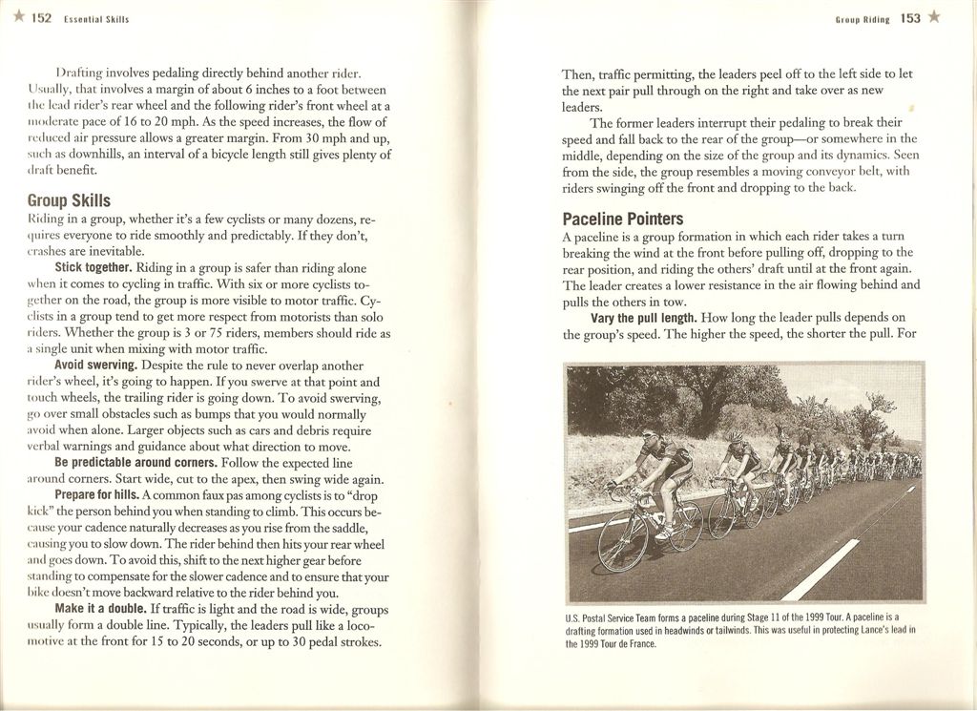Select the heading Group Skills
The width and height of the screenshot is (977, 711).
click(x=69, y=200)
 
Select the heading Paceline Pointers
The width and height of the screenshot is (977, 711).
click(x=622, y=219)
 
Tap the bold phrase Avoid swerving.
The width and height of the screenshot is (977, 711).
click(x=95, y=366)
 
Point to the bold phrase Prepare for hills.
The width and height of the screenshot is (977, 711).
click(x=96, y=495)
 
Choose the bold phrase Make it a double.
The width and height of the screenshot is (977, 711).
click(x=100, y=608)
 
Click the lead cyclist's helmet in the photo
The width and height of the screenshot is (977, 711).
click(x=649, y=431)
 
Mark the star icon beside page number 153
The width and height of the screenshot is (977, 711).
click(x=934, y=17)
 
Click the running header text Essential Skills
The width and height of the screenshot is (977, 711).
click(x=95, y=19)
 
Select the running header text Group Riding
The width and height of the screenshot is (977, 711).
click(x=862, y=18)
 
